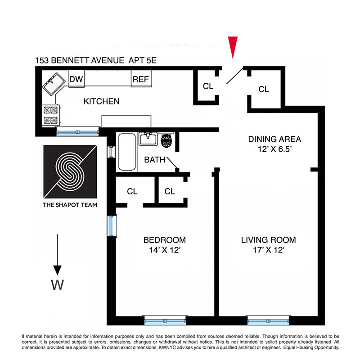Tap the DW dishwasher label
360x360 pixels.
(x=76, y=79)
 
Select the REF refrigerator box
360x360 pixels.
(x=140, y=80)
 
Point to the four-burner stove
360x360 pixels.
(x=49, y=115)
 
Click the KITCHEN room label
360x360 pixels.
(x=101, y=101)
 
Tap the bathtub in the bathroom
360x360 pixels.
(x=126, y=152)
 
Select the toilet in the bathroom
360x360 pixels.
(x=167, y=140)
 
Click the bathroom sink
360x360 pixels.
(x=147, y=139)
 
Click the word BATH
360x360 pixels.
(x=154, y=160)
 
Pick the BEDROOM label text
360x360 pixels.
(x=164, y=240)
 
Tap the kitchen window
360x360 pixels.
(x=77, y=131)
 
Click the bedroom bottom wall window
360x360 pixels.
(x=165, y=320)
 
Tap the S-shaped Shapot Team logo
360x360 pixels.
(x=70, y=171)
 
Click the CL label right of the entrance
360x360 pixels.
(x=264, y=90)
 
